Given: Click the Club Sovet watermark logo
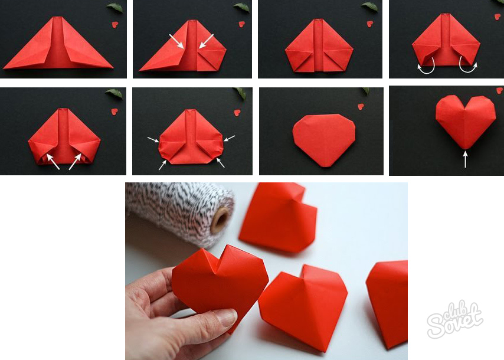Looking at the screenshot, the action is tap(454, 319).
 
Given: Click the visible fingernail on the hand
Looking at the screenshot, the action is tap(227, 318).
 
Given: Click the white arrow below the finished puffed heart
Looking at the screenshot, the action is tap(465, 159).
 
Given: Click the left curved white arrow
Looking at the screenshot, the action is tap(426, 67).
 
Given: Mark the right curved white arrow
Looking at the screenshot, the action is tap(468, 65).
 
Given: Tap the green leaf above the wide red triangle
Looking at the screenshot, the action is tap(114, 8).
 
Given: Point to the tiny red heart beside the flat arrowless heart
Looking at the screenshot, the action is tap(361, 106).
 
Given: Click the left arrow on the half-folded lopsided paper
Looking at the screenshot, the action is tap(176, 41).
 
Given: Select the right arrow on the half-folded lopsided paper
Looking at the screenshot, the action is tap(206, 41).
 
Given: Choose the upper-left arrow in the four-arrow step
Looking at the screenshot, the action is tap(153, 139).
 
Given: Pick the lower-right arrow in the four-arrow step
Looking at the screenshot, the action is tap(221, 163).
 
